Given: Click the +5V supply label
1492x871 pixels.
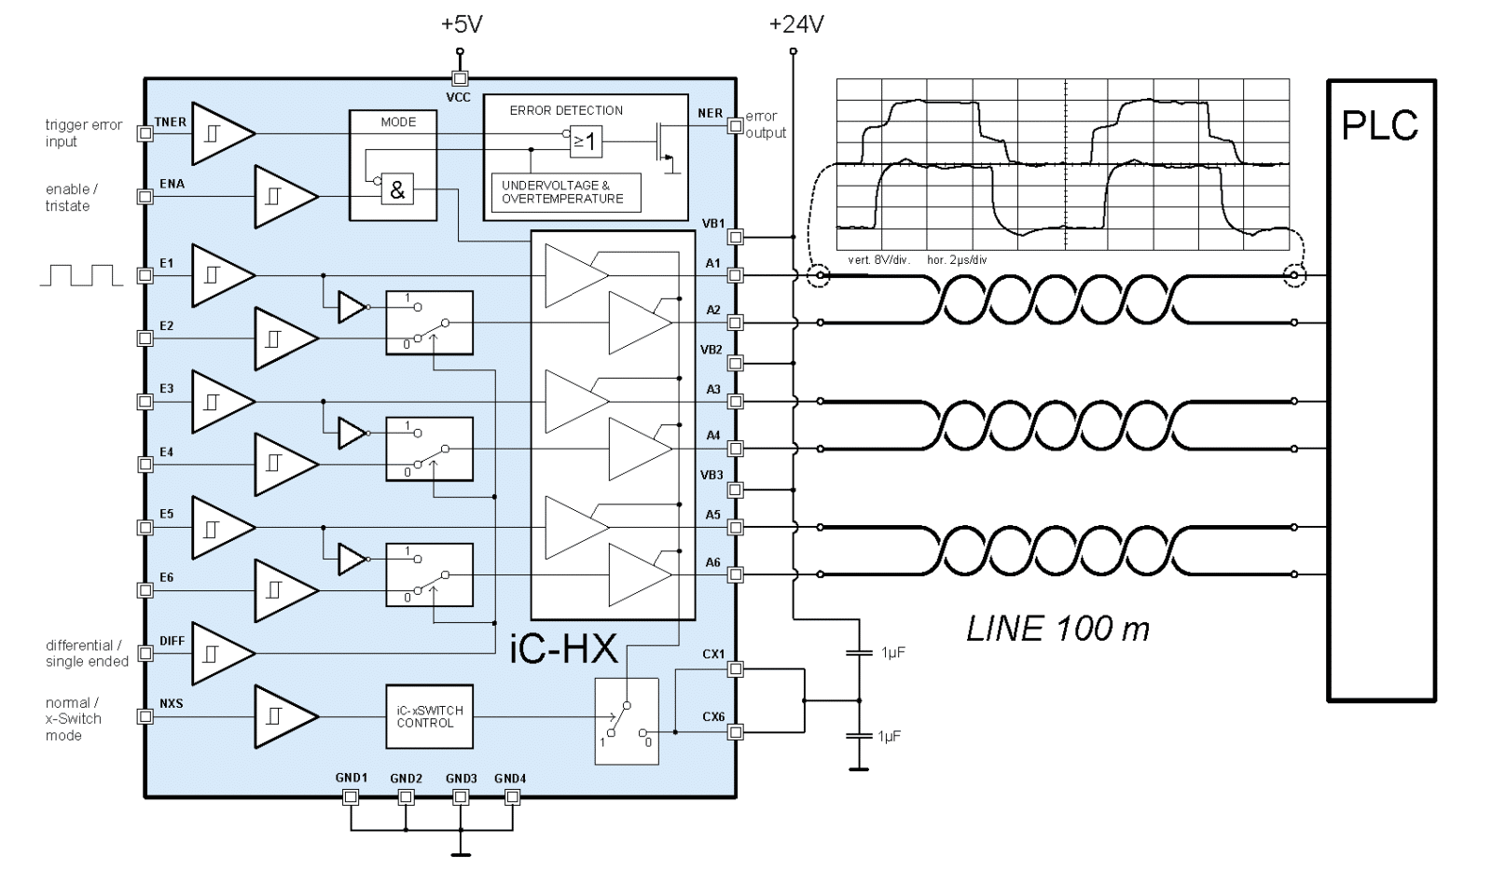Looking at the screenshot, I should pyautogui.click(x=462, y=24).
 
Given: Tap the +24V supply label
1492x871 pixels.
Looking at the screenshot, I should pyautogui.click(x=796, y=24).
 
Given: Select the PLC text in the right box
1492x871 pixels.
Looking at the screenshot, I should pyautogui.click(x=1380, y=125).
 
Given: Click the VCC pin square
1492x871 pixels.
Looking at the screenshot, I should pyautogui.click(x=460, y=79).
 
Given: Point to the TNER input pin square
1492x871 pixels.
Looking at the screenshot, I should pyautogui.click(x=145, y=133).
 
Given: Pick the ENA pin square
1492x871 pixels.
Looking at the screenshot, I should pyautogui.click(x=145, y=197).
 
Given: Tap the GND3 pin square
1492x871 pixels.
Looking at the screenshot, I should pyautogui.click(x=460, y=797).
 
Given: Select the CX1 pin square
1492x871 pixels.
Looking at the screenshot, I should pyautogui.click(x=736, y=669).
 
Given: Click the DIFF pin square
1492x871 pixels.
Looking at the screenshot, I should pyautogui.click(x=145, y=653).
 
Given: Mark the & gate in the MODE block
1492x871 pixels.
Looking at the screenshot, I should pyautogui.click(x=397, y=190).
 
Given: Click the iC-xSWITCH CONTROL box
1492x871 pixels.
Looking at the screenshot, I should pyautogui.click(x=430, y=716).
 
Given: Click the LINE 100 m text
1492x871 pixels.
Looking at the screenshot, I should pyautogui.click(x=1057, y=629).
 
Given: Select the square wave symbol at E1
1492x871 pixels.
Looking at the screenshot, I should pyautogui.click(x=81, y=275).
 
